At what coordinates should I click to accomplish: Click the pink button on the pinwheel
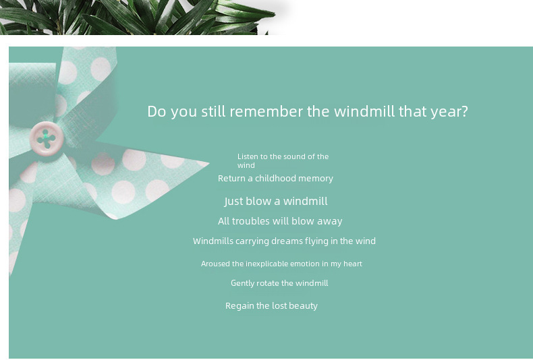tap(47, 139)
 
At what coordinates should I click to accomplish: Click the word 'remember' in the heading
tap(266, 111)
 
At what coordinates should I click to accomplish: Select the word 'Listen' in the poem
tap(248, 156)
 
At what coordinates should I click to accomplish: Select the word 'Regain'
tap(240, 306)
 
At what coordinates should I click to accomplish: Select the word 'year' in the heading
tap(446, 113)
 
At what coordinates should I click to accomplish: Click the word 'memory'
tap(318, 179)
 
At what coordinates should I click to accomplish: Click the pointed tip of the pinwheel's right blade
tap(208, 164)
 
